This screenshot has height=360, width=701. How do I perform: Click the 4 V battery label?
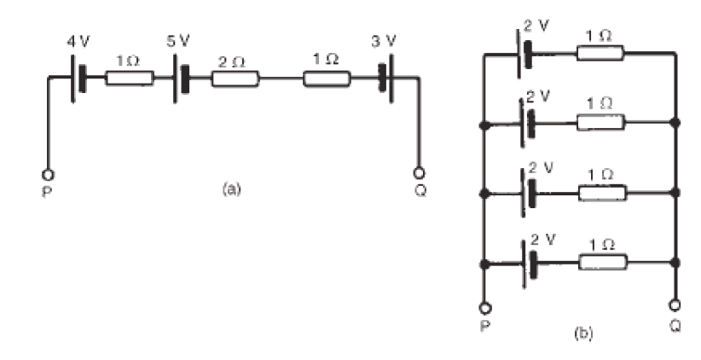point(78,42)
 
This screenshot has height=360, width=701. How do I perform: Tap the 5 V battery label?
point(178,41)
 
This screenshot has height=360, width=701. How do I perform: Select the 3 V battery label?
point(384,42)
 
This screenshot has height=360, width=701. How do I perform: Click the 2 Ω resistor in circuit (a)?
point(235,78)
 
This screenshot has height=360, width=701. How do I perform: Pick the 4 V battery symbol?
point(78,78)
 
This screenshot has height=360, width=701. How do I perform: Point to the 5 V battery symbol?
point(181,78)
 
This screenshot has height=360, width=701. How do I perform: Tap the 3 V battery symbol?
point(386,78)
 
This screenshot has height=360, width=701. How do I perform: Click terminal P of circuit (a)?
point(48,174)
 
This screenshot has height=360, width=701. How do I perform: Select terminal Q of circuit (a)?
point(420,172)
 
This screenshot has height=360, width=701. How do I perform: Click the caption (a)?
point(232,189)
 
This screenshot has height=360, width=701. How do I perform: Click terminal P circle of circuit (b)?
point(484,308)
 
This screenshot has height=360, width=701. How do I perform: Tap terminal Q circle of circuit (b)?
point(675,305)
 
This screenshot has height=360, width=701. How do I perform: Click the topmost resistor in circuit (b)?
point(600,53)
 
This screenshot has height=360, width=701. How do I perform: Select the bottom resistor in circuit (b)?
point(603,262)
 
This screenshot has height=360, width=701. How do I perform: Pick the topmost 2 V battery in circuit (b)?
point(524,54)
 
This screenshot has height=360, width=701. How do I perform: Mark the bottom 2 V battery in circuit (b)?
point(528,264)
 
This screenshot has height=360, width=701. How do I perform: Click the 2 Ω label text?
point(232,62)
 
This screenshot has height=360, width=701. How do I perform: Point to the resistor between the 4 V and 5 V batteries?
point(130,78)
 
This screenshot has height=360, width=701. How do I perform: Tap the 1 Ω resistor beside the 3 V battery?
point(327,78)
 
